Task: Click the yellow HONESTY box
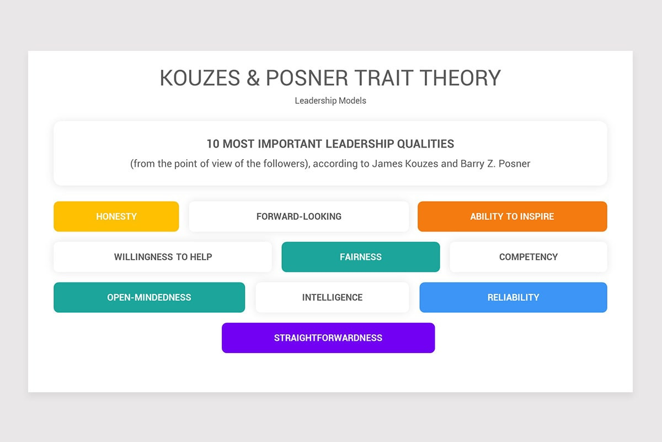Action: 116,217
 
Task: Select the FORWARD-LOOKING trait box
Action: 299,217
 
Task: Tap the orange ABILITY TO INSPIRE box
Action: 512,217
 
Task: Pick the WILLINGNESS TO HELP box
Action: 163,257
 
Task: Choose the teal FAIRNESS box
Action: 361,257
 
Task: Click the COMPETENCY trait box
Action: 528,257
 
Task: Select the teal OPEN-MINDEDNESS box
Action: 150,297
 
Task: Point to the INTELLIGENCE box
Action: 332,297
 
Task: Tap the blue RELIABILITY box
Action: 514,297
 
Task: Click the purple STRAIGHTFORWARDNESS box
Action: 328,338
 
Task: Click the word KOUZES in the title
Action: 200,78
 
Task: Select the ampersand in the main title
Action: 253,78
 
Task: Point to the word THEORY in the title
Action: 461,78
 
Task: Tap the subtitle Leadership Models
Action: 330,101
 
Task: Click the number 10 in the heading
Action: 213,144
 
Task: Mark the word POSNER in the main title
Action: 307,78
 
